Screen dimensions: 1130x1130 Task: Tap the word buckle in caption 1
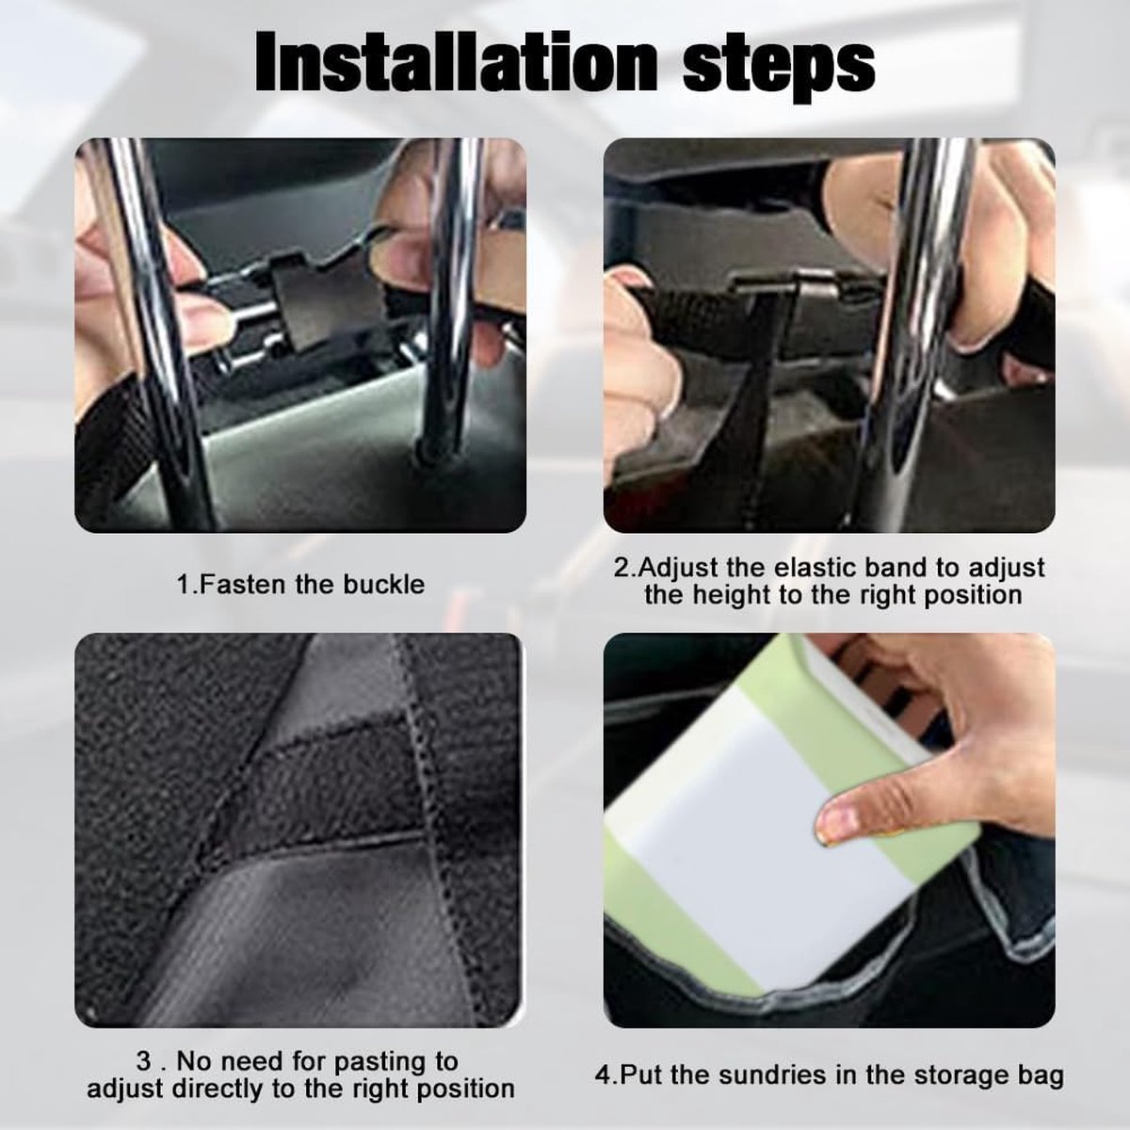[x=383, y=585]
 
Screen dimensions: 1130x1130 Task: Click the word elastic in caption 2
[x=815, y=567]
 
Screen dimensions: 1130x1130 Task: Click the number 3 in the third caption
[x=144, y=1062]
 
